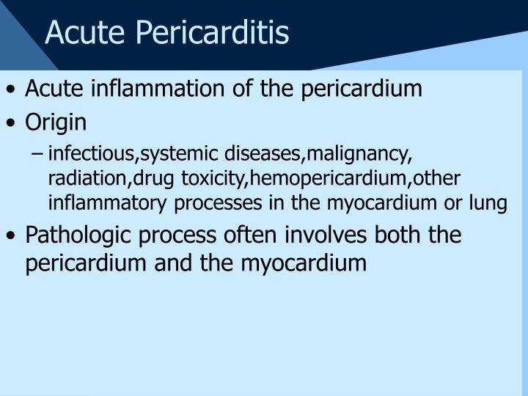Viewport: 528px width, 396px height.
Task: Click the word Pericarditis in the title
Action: (220, 33)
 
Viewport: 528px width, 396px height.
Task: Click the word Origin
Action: (56, 122)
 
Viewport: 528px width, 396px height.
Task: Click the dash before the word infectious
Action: (38, 155)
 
